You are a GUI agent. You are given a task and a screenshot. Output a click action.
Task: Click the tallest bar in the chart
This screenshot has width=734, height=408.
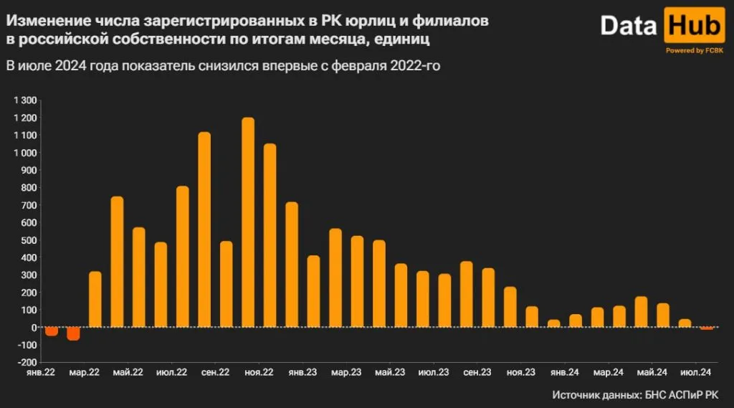click(248, 222)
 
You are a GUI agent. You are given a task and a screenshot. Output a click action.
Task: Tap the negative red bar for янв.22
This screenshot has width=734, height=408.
click(52, 331)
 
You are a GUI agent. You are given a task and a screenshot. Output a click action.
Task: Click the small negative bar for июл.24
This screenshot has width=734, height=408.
click(706, 328)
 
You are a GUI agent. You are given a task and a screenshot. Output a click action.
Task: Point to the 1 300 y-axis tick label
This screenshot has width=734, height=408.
click(25, 100)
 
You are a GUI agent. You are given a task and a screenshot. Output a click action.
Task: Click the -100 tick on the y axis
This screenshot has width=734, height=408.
click(27, 345)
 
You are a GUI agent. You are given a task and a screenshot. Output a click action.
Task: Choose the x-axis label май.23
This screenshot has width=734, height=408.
click(389, 373)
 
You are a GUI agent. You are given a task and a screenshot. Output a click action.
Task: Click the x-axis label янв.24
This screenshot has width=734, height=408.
click(564, 373)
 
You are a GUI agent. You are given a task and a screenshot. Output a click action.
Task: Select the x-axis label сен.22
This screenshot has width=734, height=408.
click(215, 373)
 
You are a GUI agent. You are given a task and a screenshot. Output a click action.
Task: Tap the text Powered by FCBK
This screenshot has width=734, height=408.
click(695, 51)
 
